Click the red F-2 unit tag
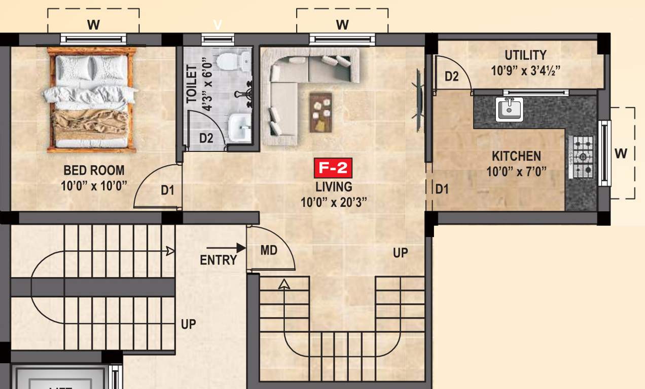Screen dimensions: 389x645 point(333,168)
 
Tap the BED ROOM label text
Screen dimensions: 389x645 point(94,170)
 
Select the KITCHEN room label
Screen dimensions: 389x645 point(516,156)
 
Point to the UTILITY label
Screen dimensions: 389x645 point(525,55)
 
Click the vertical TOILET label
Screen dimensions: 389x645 point(192,84)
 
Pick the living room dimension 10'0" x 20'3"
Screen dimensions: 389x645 point(334,203)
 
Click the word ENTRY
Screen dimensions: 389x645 point(218,260)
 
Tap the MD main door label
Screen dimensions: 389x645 point(269,250)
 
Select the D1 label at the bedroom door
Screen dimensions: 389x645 point(168,190)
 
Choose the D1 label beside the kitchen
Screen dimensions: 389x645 point(442,189)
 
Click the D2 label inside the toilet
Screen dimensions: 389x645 point(206,138)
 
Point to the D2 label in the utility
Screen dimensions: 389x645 point(451,76)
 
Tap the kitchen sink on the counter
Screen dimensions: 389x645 point(510,109)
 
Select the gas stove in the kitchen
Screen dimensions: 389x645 point(583,157)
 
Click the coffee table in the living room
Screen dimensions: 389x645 point(320,112)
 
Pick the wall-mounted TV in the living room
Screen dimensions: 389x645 point(419,99)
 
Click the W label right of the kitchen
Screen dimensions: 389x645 point(621,153)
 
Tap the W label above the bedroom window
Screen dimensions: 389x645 point(93,24)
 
